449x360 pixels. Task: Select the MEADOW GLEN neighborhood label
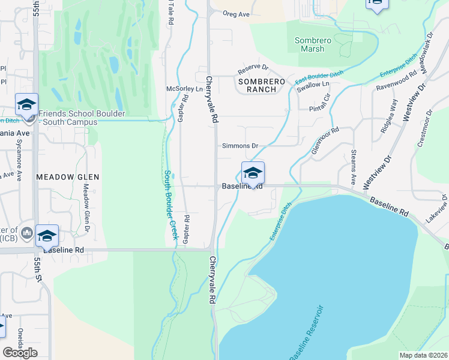[x=67, y=177]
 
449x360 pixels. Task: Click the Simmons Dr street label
[x=240, y=146]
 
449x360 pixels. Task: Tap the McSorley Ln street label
[x=185, y=89]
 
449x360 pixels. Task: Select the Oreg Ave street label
[x=235, y=14]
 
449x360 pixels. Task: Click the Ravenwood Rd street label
[x=397, y=82]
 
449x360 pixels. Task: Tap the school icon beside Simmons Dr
[x=253, y=173]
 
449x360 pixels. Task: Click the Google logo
[x=20, y=353]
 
